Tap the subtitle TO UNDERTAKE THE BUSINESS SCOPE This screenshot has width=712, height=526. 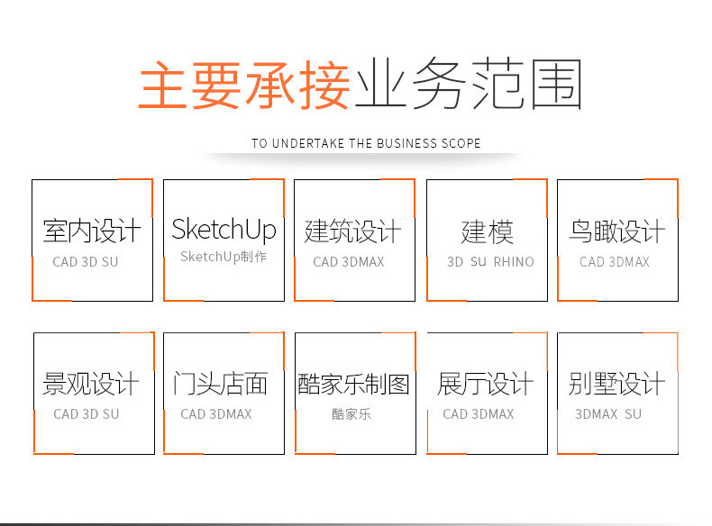(x=366, y=143)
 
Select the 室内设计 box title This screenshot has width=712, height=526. (x=92, y=231)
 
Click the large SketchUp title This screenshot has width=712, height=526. (x=224, y=230)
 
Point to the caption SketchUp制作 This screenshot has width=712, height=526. (x=224, y=257)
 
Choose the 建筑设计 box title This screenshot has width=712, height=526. (x=353, y=231)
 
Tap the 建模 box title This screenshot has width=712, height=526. (x=487, y=231)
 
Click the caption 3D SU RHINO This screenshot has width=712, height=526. (x=490, y=262)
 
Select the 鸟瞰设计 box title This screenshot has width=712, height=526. (x=617, y=231)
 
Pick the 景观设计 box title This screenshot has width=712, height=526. (x=91, y=385)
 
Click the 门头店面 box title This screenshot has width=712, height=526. (x=221, y=385)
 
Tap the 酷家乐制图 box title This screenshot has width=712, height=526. (x=353, y=385)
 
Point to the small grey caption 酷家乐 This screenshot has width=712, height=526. (x=351, y=414)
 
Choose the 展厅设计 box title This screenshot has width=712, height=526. (x=486, y=385)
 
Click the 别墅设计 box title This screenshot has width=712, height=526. (x=617, y=385)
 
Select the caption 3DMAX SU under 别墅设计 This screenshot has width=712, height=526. (x=608, y=414)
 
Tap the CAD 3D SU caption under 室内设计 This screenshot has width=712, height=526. (x=86, y=262)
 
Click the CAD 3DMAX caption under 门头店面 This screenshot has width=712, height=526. (x=216, y=414)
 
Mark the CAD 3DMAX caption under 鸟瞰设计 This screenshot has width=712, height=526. (x=615, y=262)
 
